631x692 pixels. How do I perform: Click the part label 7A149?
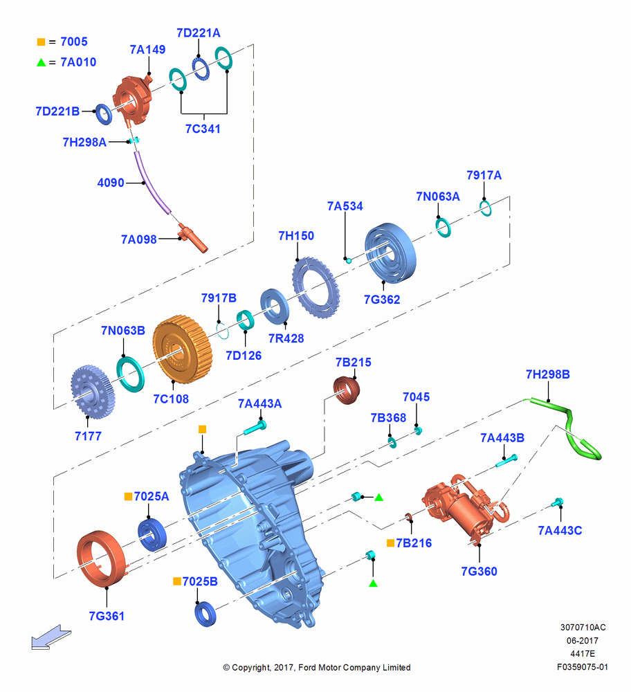click(x=147, y=49)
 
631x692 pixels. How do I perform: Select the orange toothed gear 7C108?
click(x=182, y=349)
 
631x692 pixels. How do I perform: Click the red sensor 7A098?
click(x=192, y=238)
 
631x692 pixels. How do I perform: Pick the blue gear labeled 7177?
click(x=93, y=390)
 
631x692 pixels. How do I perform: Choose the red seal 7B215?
click(x=347, y=390)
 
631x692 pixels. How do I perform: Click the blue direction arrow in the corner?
click(x=51, y=637)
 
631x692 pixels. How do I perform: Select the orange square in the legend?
click(x=41, y=42)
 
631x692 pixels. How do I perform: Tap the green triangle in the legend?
click(x=41, y=63)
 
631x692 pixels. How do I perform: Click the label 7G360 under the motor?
click(x=479, y=572)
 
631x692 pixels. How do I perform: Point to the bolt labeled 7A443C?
click(x=557, y=502)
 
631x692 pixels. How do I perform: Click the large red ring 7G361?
click(x=101, y=558)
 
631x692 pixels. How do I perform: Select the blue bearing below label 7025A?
click(x=152, y=535)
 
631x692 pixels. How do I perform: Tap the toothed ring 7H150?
click(x=316, y=288)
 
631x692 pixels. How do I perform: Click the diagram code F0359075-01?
click(x=582, y=667)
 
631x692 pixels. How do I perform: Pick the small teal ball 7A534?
click(x=349, y=260)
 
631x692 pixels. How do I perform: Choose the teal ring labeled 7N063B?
click(x=130, y=374)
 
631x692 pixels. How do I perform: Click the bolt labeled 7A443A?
click(x=255, y=427)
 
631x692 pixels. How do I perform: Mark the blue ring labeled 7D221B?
click(x=104, y=114)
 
